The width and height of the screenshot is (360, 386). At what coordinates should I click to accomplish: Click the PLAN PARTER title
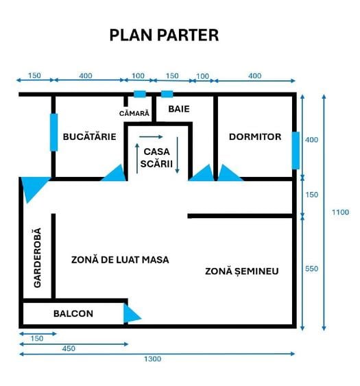click(164, 35)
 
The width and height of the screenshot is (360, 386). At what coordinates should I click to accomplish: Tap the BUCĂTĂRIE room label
click(90, 136)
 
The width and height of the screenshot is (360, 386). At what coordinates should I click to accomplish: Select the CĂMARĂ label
click(134, 113)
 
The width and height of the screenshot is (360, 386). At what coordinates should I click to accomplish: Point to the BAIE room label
click(179, 109)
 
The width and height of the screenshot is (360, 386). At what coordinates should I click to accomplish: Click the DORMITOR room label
click(255, 136)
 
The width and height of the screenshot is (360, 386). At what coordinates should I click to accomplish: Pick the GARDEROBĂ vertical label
click(37, 258)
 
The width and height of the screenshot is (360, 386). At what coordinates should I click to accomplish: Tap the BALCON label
click(73, 313)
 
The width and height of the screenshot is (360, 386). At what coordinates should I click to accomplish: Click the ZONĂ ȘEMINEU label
click(242, 271)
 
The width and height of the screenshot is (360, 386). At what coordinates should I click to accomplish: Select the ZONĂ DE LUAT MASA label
click(120, 260)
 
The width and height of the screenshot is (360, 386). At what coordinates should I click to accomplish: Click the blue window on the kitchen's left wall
click(53, 132)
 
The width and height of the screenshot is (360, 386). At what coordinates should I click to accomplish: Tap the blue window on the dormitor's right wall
click(296, 150)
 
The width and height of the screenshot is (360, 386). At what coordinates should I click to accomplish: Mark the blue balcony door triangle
click(130, 313)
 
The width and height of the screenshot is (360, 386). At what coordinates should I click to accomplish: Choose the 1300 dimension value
click(153, 359)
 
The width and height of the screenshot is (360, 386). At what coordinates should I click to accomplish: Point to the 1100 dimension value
click(340, 213)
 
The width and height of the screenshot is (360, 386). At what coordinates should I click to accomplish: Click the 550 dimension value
click(312, 269)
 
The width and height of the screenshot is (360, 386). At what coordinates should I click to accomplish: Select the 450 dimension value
click(69, 348)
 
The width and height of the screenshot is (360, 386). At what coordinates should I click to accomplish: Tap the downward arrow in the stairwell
click(178, 155)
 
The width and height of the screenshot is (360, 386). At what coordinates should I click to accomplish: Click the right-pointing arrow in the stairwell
click(151, 136)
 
